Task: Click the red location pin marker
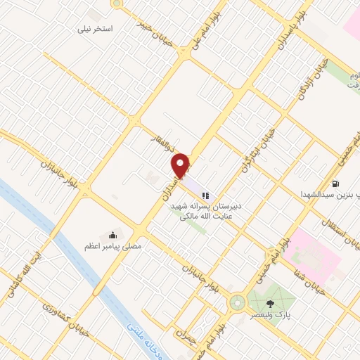point(181,165)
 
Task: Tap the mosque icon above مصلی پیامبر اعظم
point(112,234)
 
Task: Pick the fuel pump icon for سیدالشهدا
point(345,182)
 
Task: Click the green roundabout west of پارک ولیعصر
point(236,304)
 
